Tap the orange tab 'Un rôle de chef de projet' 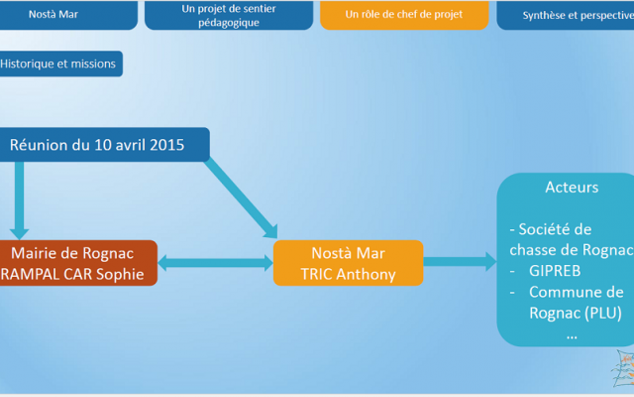pos(403,14)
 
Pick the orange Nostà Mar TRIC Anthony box pos(347,263)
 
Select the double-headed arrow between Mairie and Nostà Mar pos(215,263)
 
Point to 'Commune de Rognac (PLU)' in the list pos(575,303)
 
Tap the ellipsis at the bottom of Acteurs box pos(572,334)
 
